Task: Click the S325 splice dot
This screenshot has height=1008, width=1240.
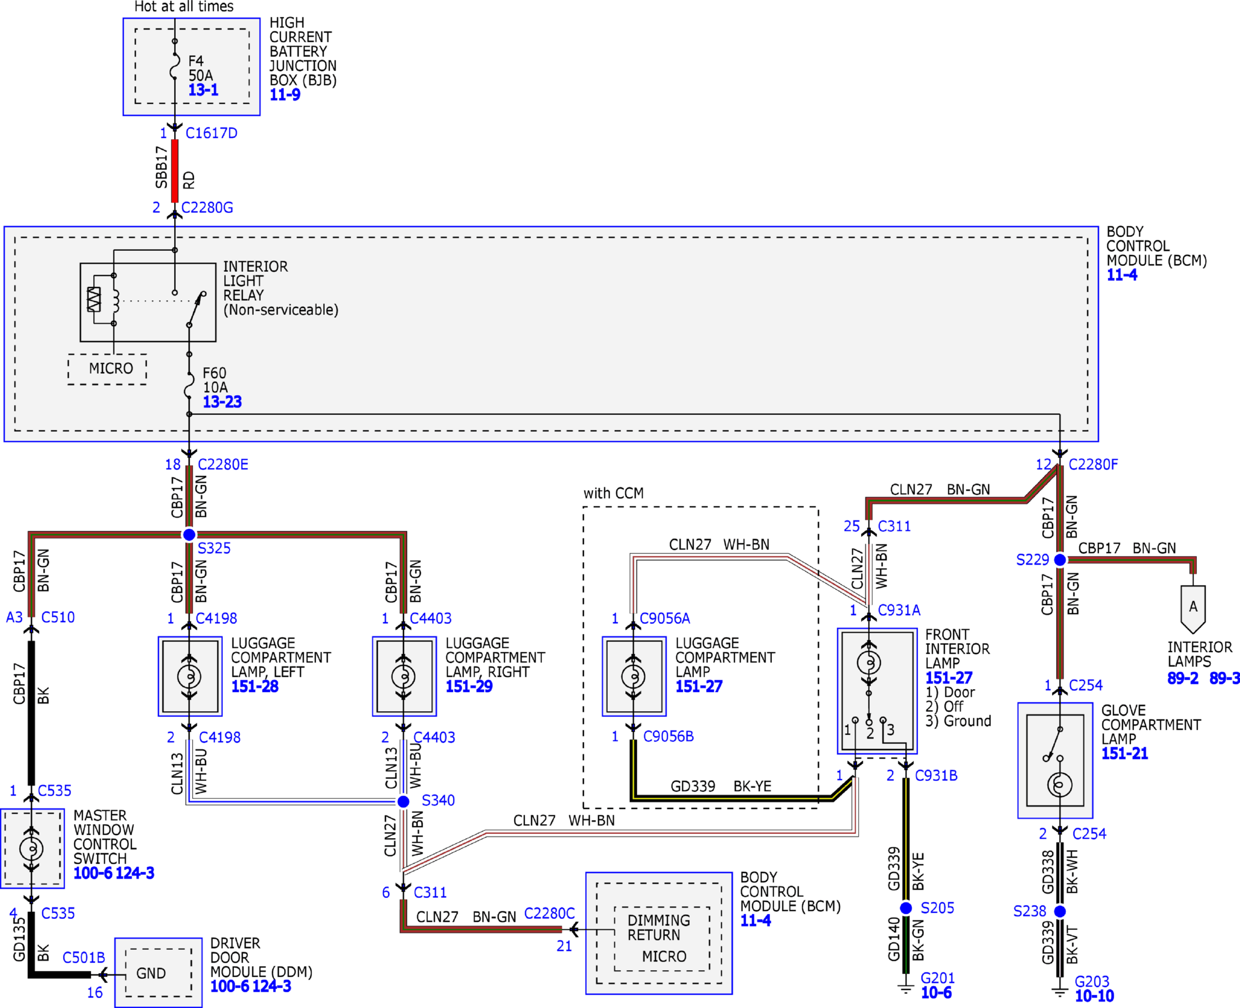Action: (x=189, y=534)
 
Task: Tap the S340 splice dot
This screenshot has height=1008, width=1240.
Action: (x=403, y=801)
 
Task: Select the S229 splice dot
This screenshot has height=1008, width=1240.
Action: (x=1060, y=560)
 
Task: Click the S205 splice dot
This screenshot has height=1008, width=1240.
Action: (x=906, y=908)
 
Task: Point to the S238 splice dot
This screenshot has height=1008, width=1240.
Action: (x=1060, y=911)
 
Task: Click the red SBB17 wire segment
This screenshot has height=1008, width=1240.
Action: (x=175, y=171)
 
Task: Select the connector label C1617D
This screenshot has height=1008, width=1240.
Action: (x=211, y=133)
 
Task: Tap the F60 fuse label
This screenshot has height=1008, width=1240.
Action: (x=214, y=373)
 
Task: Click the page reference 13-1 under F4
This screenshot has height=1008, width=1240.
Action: (x=203, y=90)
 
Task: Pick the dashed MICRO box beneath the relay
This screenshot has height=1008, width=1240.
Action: (x=107, y=369)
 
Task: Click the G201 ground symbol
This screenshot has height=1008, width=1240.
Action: (x=905, y=988)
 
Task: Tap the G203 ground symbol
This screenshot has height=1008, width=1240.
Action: (x=1060, y=991)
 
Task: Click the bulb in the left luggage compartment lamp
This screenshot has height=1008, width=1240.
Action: (x=189, y=676)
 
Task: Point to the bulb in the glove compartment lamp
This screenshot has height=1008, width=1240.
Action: (x=1060, y=785)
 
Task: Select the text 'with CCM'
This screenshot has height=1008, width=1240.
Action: (x=614, y=494)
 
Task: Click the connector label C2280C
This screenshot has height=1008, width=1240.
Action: (x=550, y=914)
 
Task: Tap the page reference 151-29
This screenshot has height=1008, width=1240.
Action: (x=469, y=687)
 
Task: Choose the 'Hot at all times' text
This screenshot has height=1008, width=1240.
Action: (x=184, y=7)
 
